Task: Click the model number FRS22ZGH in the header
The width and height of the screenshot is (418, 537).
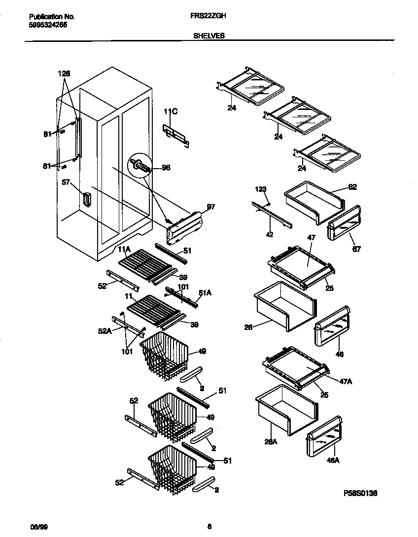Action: tap(208, 16)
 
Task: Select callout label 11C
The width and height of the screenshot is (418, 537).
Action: tap(170, 112)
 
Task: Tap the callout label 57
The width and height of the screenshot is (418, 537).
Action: tap(66, 182)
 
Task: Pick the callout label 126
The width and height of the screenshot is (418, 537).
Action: tap(64, 73)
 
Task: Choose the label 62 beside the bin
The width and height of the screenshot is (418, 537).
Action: tap(352, 187)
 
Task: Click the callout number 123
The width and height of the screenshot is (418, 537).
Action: tap(260, 189)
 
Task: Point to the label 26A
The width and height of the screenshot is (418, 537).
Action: tap(271, 441)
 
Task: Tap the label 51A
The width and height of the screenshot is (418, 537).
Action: tap(205, 292)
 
